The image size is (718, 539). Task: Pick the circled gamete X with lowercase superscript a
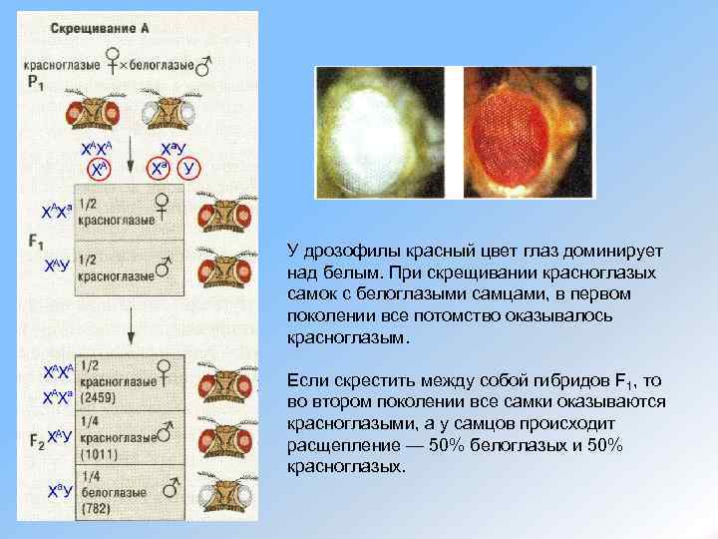pos(159,169)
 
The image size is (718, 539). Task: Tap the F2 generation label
pos(33,437)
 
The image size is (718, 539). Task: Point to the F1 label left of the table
pos(37,242)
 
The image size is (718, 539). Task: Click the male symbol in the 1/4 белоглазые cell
pos(171,487)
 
